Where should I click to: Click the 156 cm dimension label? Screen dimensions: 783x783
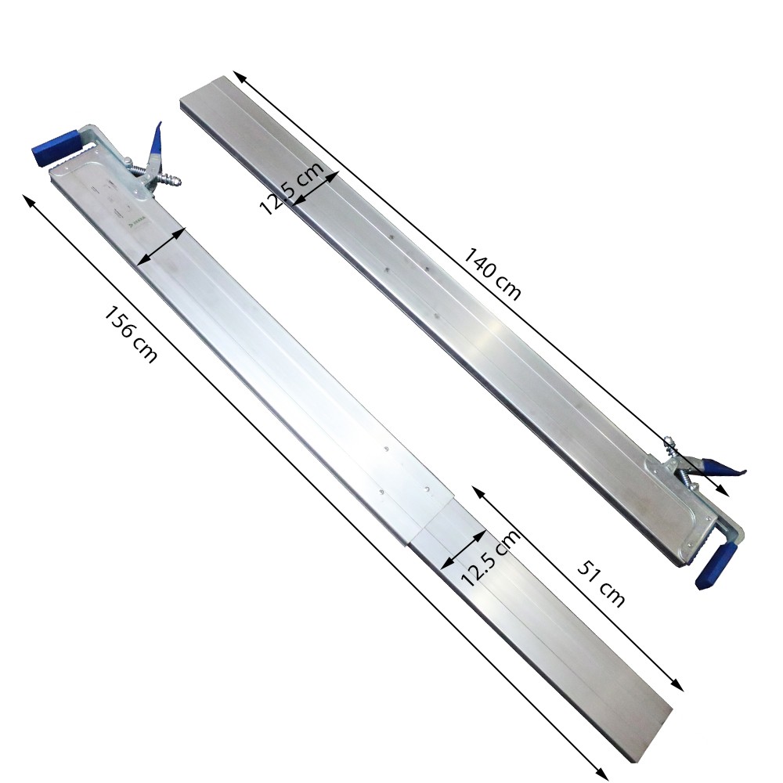tap(130, 334)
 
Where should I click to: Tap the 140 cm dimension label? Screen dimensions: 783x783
tap(493, 274)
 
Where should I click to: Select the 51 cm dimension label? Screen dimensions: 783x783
tap(601, 583)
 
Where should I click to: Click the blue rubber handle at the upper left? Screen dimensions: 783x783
tap(55, 147)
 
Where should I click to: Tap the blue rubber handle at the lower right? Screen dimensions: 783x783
tap(716, 566)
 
